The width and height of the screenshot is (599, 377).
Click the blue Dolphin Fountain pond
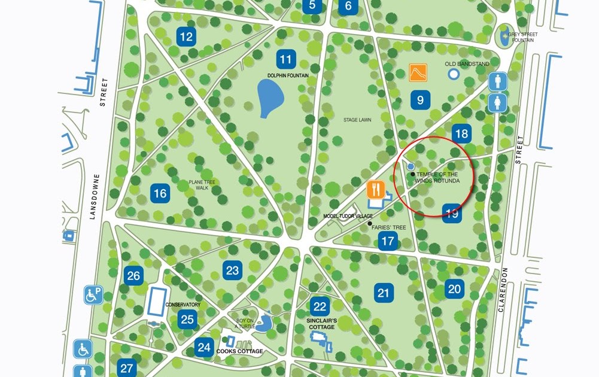[270, 98]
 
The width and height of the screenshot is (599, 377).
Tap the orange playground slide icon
[418, 72]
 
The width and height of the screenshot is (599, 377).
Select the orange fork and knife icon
[375, 190]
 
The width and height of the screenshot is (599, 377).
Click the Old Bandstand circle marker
[454, 74]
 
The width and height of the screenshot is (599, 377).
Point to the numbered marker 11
[286, 59]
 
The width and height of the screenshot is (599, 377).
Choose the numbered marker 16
[160, 193]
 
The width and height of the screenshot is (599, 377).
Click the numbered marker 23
[232, 270]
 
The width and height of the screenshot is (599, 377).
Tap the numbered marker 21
[384, 293]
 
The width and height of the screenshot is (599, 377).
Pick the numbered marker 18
[461, 133]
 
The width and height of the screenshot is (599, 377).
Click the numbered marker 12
[187, 37]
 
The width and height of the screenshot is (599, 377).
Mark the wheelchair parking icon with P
[93, 295]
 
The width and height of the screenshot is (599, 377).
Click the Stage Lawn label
[357, 120]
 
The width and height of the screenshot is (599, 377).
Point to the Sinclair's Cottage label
[321, 324]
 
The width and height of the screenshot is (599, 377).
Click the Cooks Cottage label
[239, 351]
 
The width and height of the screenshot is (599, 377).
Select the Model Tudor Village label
[348, 216]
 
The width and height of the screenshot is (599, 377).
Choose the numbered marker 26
[133, 276]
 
